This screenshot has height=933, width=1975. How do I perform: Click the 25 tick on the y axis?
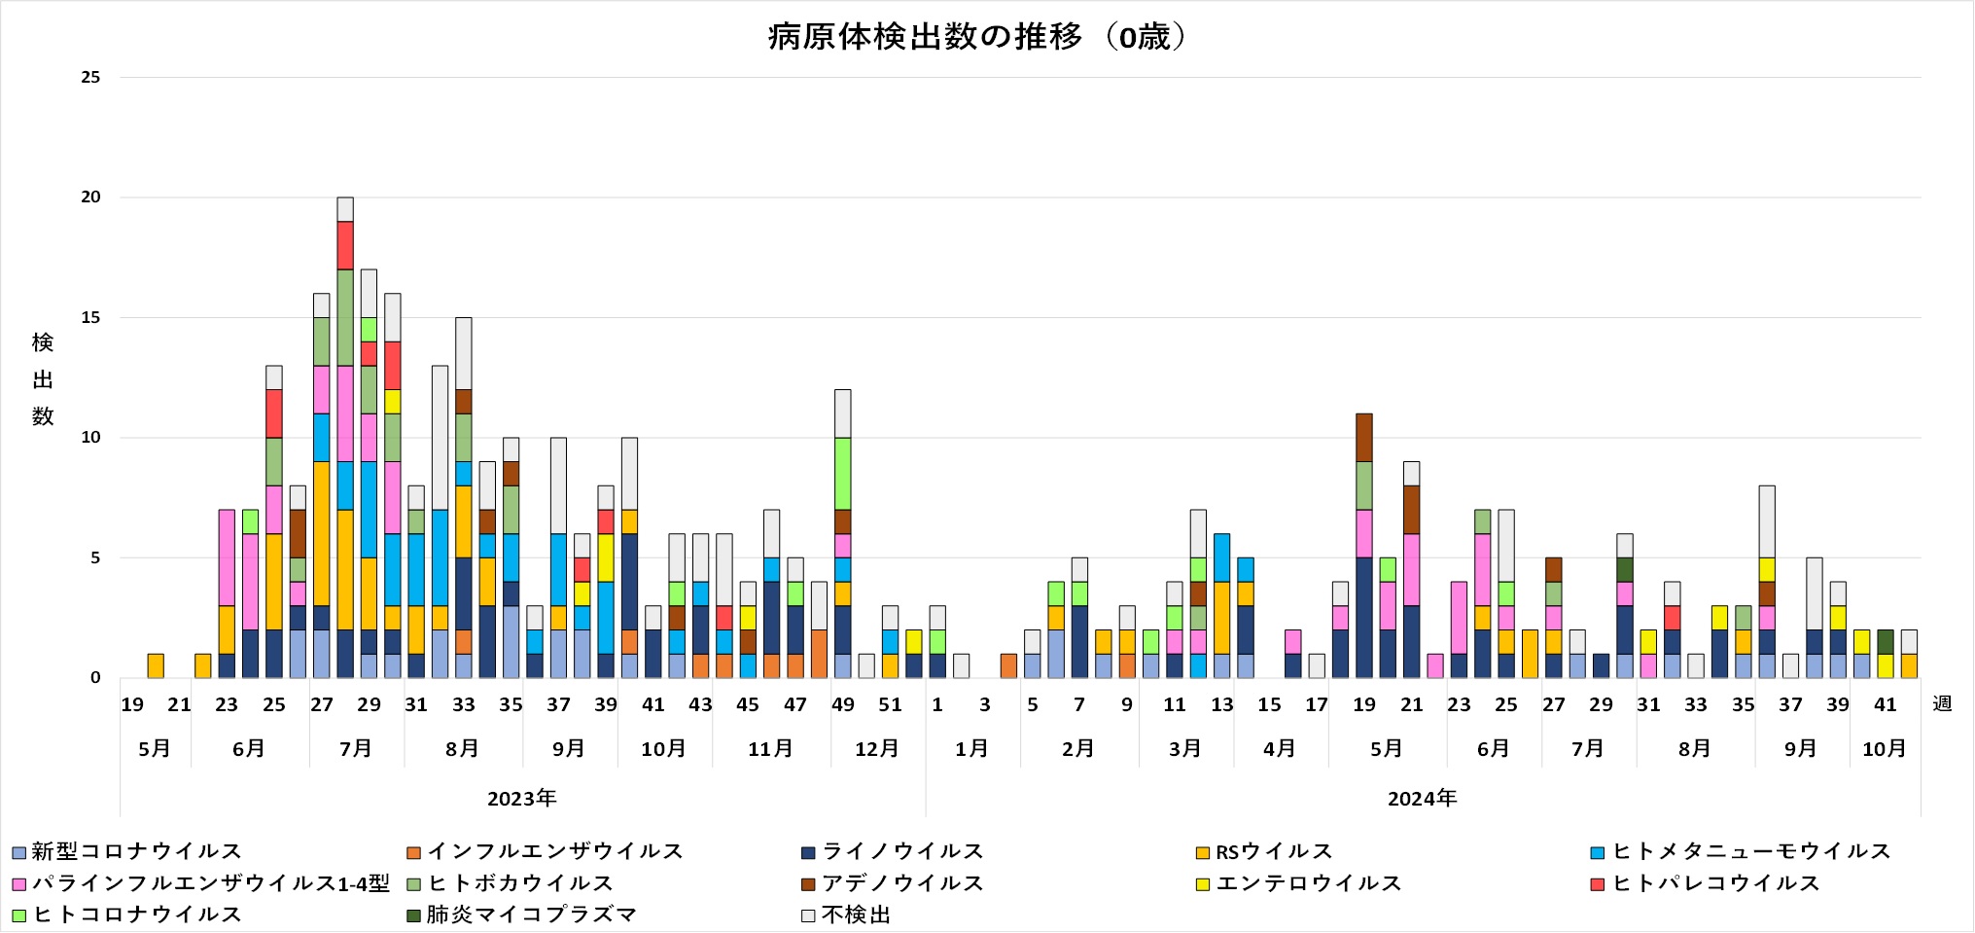pyautogui.click(x=90, y=78)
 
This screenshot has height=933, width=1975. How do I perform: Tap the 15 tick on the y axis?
pyautogui.click(x=90, y=318)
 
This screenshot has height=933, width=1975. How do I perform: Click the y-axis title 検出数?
pyautogui.click(x=43, y=379)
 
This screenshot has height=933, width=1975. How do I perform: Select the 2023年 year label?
pyautogui.click(x=522, y=799)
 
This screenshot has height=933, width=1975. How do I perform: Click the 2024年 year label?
pyautogui.click(x=1422, y=799)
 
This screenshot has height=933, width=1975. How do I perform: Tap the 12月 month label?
pyautogui.click(x=876, y=749)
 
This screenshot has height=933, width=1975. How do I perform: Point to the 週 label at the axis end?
pyautogui.click(x=1942, y=703)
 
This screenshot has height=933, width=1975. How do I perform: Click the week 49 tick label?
pyautogui.click(x=842, y=704)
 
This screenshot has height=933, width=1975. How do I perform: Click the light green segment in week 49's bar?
pyautogui.click(x=842, y=473)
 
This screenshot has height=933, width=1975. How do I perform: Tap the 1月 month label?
pyautogui.click(x=971, y=749)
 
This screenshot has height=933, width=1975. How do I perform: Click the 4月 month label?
pyautogui.click(x=1279, y=749)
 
